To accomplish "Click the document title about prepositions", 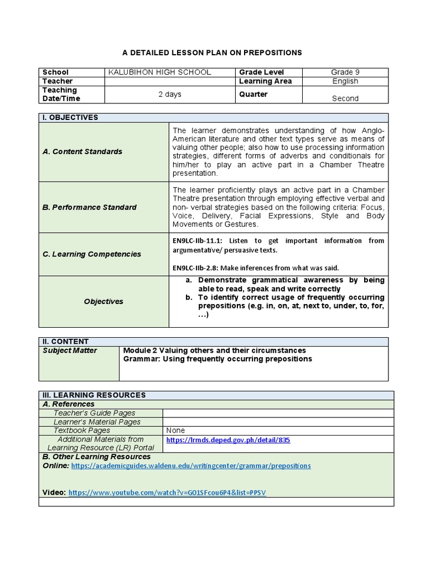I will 212,53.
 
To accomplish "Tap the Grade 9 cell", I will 345,72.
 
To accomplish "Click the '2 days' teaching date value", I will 170,95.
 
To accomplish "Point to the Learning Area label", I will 266,81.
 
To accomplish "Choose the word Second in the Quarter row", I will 345,98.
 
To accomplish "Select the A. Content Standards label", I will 82,151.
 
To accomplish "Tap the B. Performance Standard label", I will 90,207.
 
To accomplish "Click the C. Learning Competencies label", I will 92,254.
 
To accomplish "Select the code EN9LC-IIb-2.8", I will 196,268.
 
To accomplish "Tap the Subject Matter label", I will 70,350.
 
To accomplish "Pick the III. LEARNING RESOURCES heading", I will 94,395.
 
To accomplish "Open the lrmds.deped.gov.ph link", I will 228,441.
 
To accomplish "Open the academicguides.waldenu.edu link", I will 191,466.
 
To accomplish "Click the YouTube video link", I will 167,492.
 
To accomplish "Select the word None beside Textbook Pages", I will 175,431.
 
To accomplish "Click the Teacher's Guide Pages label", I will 94,413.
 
